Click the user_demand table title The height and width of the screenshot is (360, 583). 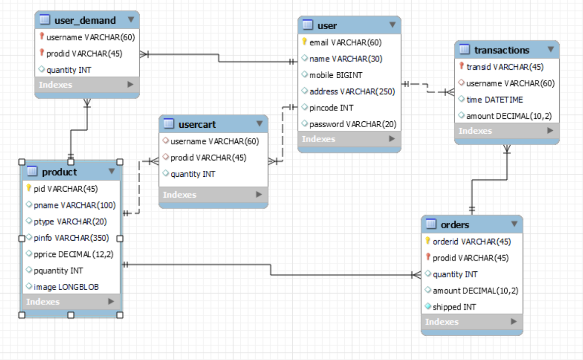pos(85,20)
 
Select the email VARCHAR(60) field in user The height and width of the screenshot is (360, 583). pos(345,43)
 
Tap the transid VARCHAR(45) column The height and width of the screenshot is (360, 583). pos(505,67)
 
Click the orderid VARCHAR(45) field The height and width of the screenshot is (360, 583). pos(472,242)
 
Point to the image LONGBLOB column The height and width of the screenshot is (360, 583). pos(66,287)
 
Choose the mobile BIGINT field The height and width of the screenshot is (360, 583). pos(336,75)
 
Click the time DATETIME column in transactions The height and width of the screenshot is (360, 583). pos(494,100)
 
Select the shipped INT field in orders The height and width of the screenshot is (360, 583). pos(454,307)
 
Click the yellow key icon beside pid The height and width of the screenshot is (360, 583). pos(29,188)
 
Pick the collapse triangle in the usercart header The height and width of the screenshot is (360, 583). pos(260,123)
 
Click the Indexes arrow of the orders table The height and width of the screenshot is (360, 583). pos(514,321)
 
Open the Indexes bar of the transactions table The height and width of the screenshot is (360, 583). pos(507,131)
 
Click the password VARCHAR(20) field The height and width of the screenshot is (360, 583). pos(353,124)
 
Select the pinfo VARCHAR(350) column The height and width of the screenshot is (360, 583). pos(71,238)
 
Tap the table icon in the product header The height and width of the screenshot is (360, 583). pos(32,171)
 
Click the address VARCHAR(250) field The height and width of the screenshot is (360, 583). pos(352,92)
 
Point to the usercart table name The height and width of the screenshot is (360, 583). pos(197,124)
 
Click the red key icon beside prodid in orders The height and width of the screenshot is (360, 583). pos(428,257)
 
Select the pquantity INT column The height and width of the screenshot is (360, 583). pos(58,270)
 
